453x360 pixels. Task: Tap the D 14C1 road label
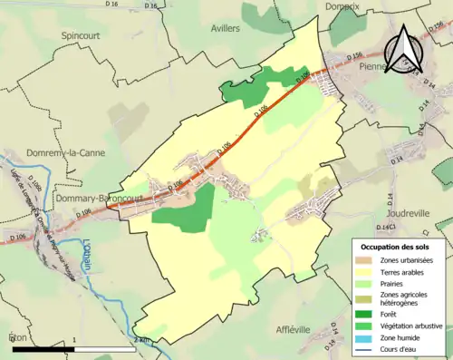coord(387,226)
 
